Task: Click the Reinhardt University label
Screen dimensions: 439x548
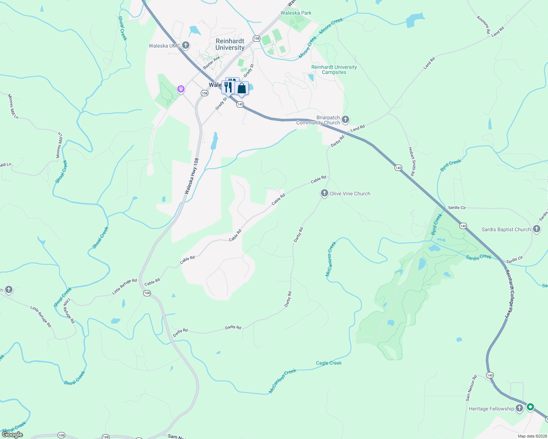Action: (230, 45)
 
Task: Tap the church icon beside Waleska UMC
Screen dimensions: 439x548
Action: (186, 45)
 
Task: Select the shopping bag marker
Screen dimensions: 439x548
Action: (241, 89)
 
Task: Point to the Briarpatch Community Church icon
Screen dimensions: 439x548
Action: (345, 119)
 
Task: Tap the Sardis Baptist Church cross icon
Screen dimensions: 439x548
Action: (537, 229)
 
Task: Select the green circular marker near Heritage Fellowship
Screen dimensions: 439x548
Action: (530, 407)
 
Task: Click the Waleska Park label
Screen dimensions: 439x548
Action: (296, 13)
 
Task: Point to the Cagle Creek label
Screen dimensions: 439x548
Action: (329, 363)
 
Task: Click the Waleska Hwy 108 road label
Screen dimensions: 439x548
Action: (192, 176)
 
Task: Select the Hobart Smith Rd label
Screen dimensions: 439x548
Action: (412, 162)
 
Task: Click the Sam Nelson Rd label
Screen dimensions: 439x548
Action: (471, 388)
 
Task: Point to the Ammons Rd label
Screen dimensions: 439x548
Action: (483, 25)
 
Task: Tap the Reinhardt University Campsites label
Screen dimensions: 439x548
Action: (334, 70)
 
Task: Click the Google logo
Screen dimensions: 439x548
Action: (12, 435)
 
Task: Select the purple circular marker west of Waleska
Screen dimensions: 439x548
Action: (181, 89)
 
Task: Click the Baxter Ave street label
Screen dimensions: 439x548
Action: (211, 63)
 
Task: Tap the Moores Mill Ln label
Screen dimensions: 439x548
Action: (13, 106)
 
